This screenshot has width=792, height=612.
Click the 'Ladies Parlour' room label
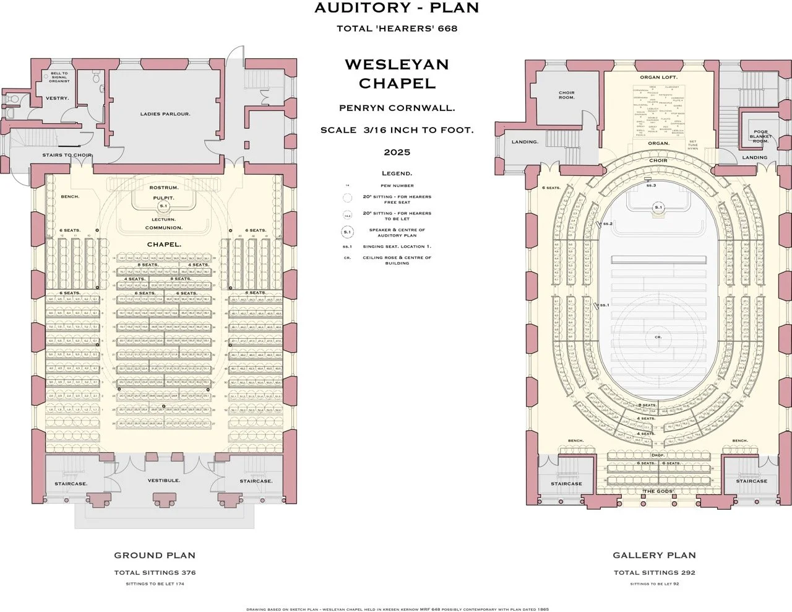(x=165, y=114)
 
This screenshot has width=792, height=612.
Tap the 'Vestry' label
(x=57, y=98)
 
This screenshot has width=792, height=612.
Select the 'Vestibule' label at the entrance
(x=163, y=480)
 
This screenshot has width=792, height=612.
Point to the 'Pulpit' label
(x=164, y=198)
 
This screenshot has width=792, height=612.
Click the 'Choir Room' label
(x=566, y=95)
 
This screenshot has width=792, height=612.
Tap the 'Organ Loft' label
(x=658, y=77)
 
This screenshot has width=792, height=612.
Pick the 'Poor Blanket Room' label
(x=760, y=136)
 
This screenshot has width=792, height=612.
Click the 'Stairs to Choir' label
(x=67, y=155)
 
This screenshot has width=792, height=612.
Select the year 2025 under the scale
(x=397, y=152)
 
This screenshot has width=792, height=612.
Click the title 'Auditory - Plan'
(x=397, y=8)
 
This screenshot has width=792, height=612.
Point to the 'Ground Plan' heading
(x=155, y=556)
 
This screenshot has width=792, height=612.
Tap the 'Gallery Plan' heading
(x=654, y=556)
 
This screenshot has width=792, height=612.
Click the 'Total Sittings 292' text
(x=654, y=572)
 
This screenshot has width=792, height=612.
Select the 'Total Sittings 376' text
(x=155, y=572)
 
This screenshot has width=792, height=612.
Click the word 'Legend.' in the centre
(x=397, y=173)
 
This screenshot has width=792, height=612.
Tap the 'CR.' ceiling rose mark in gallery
(x=658, y=337)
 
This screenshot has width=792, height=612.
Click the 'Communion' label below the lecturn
(x=163, y=228)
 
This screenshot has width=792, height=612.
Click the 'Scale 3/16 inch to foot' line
(x=397, y=130)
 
